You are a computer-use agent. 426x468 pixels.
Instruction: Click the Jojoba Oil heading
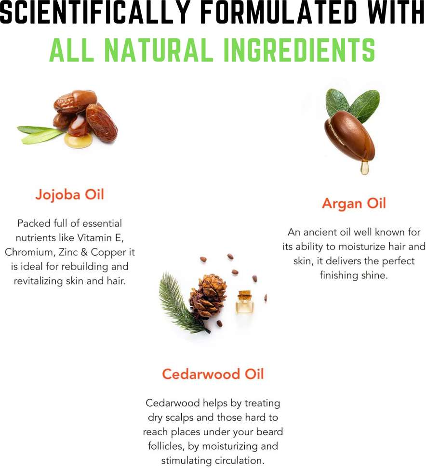69,195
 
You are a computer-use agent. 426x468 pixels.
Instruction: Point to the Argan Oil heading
354,204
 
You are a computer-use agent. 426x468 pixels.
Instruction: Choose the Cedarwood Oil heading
213,374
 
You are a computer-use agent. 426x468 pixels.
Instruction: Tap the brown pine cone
207,297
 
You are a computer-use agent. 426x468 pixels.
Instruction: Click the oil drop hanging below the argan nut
364,168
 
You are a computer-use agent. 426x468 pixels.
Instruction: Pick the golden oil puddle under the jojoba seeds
78,140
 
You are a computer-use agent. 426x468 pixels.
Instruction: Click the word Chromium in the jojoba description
29,252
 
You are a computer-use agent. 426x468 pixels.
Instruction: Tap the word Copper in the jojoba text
109,253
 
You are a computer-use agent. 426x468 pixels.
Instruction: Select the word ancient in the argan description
320,232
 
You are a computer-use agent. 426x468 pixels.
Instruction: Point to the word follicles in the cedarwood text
166,446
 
